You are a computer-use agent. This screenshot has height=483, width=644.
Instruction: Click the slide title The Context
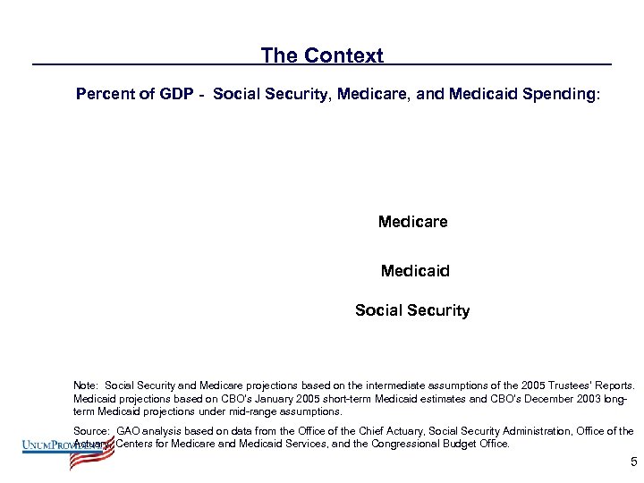322,55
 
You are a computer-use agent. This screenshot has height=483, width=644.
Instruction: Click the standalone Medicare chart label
412,221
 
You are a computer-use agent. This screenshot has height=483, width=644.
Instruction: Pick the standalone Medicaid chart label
415,269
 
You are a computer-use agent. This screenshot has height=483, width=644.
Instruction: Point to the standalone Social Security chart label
411,310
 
